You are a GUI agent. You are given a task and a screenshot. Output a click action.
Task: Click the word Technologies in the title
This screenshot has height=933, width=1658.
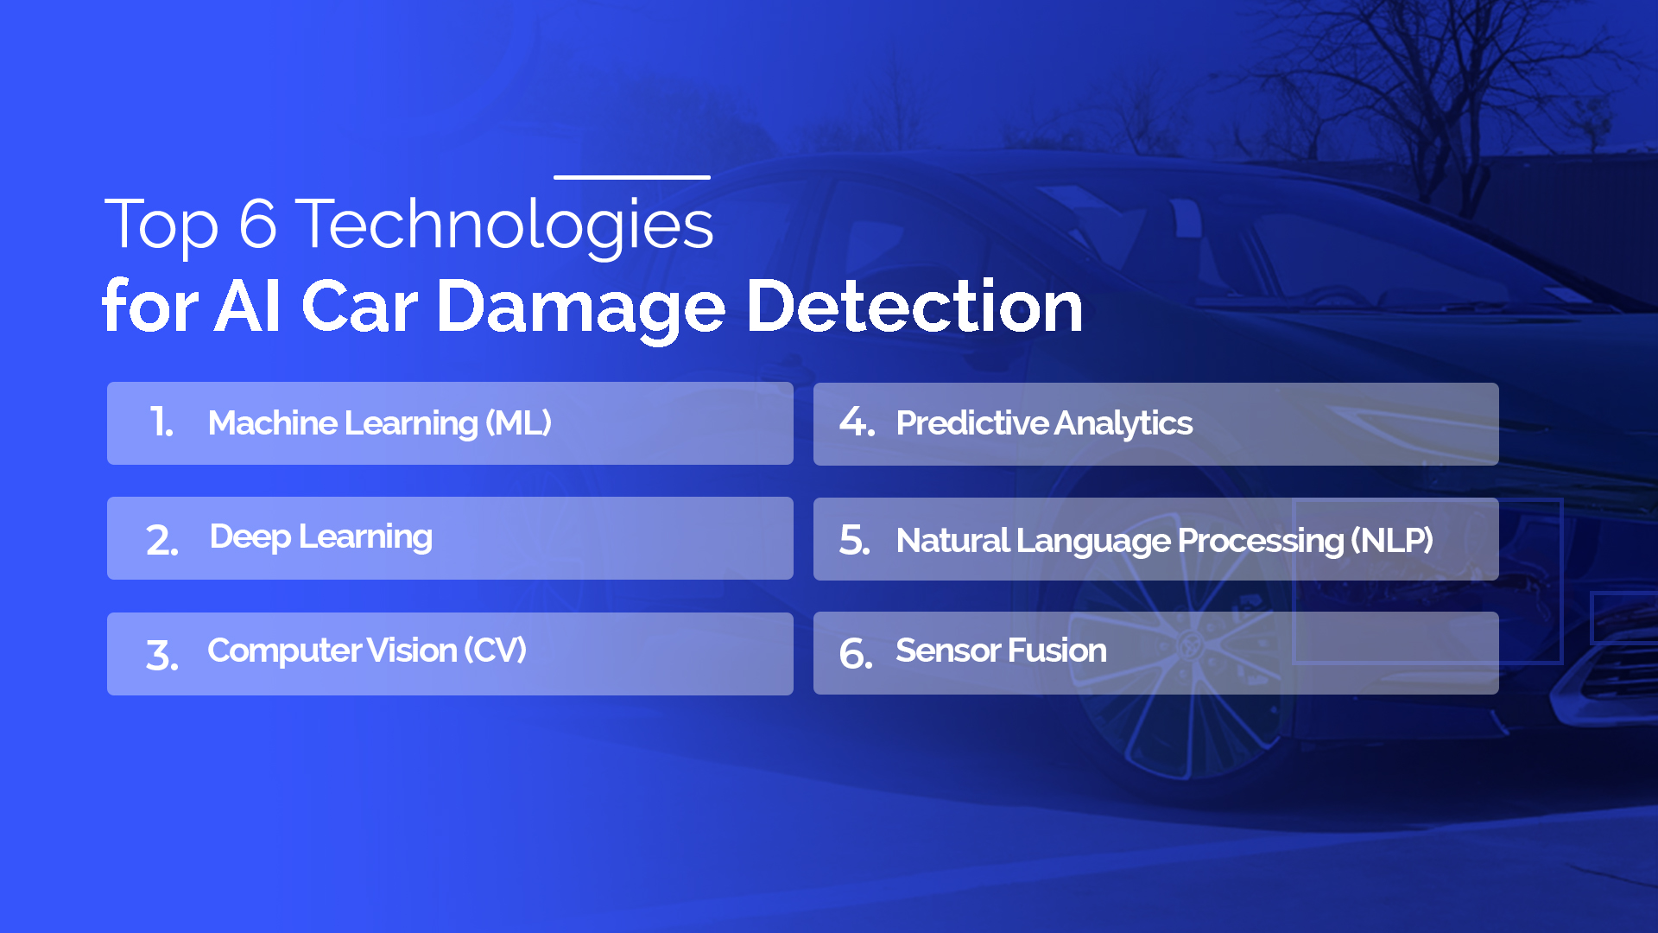[504, 225]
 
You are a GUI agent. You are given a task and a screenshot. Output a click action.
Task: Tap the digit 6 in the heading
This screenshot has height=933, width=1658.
[257, 225]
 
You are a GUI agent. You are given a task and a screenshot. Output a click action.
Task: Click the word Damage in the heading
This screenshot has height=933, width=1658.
[580, 308]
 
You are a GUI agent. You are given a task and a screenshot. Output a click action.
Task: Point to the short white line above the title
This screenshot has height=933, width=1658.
[631, 177]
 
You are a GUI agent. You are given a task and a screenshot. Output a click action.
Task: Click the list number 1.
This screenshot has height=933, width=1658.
[161, 422]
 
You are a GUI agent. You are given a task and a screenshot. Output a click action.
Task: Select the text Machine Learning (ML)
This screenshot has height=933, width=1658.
[379, 423]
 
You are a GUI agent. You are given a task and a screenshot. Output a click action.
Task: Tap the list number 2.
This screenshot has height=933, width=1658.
[161, 540]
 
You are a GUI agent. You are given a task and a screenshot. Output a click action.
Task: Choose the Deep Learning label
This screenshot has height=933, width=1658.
[320, 537]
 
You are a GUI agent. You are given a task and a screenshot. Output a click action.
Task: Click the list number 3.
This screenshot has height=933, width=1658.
[161, 655]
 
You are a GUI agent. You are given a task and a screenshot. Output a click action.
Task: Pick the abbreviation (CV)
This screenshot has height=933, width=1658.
[495, 651]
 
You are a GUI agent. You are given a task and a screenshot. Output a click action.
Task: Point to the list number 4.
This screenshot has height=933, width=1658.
[857, 422]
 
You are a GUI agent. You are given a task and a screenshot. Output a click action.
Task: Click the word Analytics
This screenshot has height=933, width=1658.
[1123, 423]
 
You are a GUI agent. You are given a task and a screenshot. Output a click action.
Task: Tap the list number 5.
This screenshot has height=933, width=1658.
[855, 540]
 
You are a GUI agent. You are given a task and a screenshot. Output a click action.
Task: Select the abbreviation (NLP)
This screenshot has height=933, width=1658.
[1391, 541]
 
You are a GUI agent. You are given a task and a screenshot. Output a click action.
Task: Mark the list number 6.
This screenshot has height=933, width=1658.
[856, 653]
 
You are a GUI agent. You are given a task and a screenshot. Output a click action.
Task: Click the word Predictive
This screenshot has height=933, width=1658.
[972, 423]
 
